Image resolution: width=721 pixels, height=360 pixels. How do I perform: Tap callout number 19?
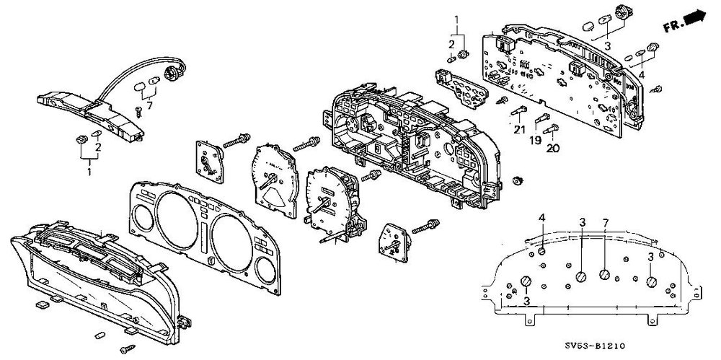(535, 141)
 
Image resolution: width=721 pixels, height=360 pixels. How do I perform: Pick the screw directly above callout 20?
(552, 130)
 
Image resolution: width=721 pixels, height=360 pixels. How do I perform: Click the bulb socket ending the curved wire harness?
(173, 72)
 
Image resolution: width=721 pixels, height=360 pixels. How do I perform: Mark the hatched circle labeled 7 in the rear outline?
(604, 275)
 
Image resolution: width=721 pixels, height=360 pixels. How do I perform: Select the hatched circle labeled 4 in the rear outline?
(541, 251)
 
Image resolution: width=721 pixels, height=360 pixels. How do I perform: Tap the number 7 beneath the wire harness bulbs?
(149, 107)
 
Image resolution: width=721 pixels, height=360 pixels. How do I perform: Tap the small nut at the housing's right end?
(517, 178)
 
